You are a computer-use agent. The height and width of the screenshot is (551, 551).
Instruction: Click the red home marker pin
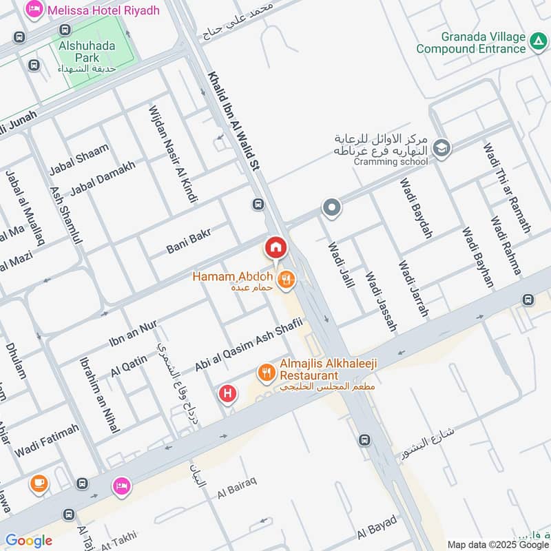point(275,247)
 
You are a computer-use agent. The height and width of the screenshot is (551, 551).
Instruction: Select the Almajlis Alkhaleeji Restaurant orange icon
point(265,373)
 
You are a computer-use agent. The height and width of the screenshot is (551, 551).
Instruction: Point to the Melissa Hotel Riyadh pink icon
point(32,10)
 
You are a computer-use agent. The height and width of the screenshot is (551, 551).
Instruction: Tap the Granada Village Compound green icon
point(537,43)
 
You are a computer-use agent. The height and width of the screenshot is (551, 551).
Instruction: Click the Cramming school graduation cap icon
point(441,147)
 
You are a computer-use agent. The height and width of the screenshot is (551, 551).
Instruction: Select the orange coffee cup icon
point(38,483)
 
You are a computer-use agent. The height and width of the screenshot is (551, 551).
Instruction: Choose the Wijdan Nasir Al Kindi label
point(173,154)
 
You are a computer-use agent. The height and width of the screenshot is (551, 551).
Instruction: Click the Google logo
point(29,541)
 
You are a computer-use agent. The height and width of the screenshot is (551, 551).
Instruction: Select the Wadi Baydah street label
point(416,209)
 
